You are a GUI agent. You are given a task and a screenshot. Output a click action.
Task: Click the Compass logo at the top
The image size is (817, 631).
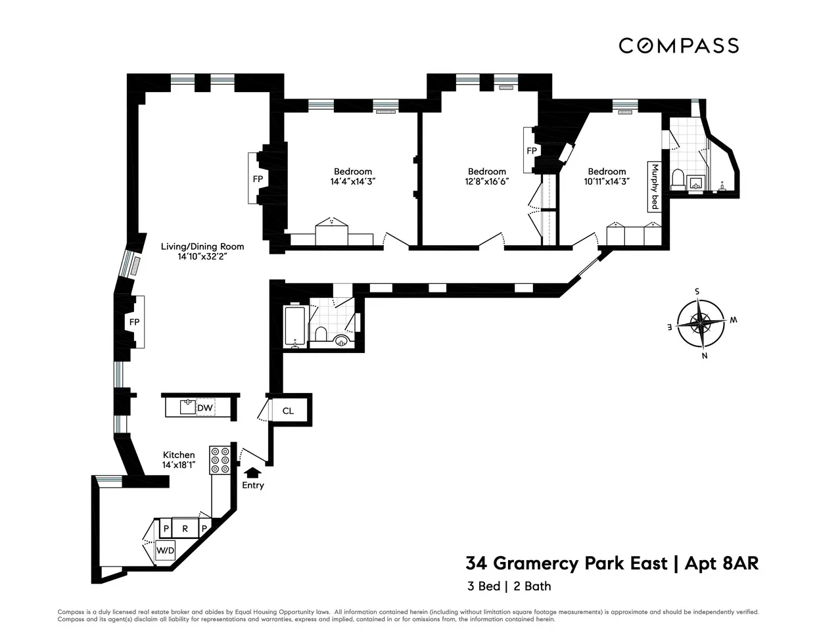tap(678, 45)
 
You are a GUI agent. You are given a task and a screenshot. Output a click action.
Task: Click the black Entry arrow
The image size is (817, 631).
tap(252, 471)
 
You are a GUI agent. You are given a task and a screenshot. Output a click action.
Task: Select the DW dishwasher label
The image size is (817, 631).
tap(205, 408)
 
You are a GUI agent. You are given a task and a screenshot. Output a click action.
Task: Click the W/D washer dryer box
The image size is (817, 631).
tap(164, 549)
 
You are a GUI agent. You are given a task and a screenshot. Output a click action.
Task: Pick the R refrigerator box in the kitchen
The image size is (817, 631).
tap(185, 528)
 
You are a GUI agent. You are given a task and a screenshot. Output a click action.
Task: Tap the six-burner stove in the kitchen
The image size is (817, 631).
tap(220, 460)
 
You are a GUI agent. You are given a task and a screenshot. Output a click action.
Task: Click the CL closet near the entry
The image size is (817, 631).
tap(288, 411)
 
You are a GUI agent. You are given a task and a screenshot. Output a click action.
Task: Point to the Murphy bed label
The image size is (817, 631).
tap(654, 186)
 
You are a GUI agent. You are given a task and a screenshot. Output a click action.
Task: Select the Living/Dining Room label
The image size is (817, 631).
tap(202, 247)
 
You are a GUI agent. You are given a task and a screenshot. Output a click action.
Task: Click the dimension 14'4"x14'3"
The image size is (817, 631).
tap(352, 181)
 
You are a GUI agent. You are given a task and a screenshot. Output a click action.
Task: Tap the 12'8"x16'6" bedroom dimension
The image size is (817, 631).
tap(486, 181)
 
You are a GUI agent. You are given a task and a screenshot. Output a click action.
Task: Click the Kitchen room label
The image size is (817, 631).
tap(179, 455)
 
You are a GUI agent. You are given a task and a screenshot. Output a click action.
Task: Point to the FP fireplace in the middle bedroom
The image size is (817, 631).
tap(531, 151)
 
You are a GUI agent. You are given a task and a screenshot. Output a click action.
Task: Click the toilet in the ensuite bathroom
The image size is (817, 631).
tap(678, 179)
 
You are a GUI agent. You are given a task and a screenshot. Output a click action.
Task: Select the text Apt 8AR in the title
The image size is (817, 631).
tap(722, 563)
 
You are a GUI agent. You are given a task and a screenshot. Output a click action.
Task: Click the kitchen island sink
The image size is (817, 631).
tap(189, 407)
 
